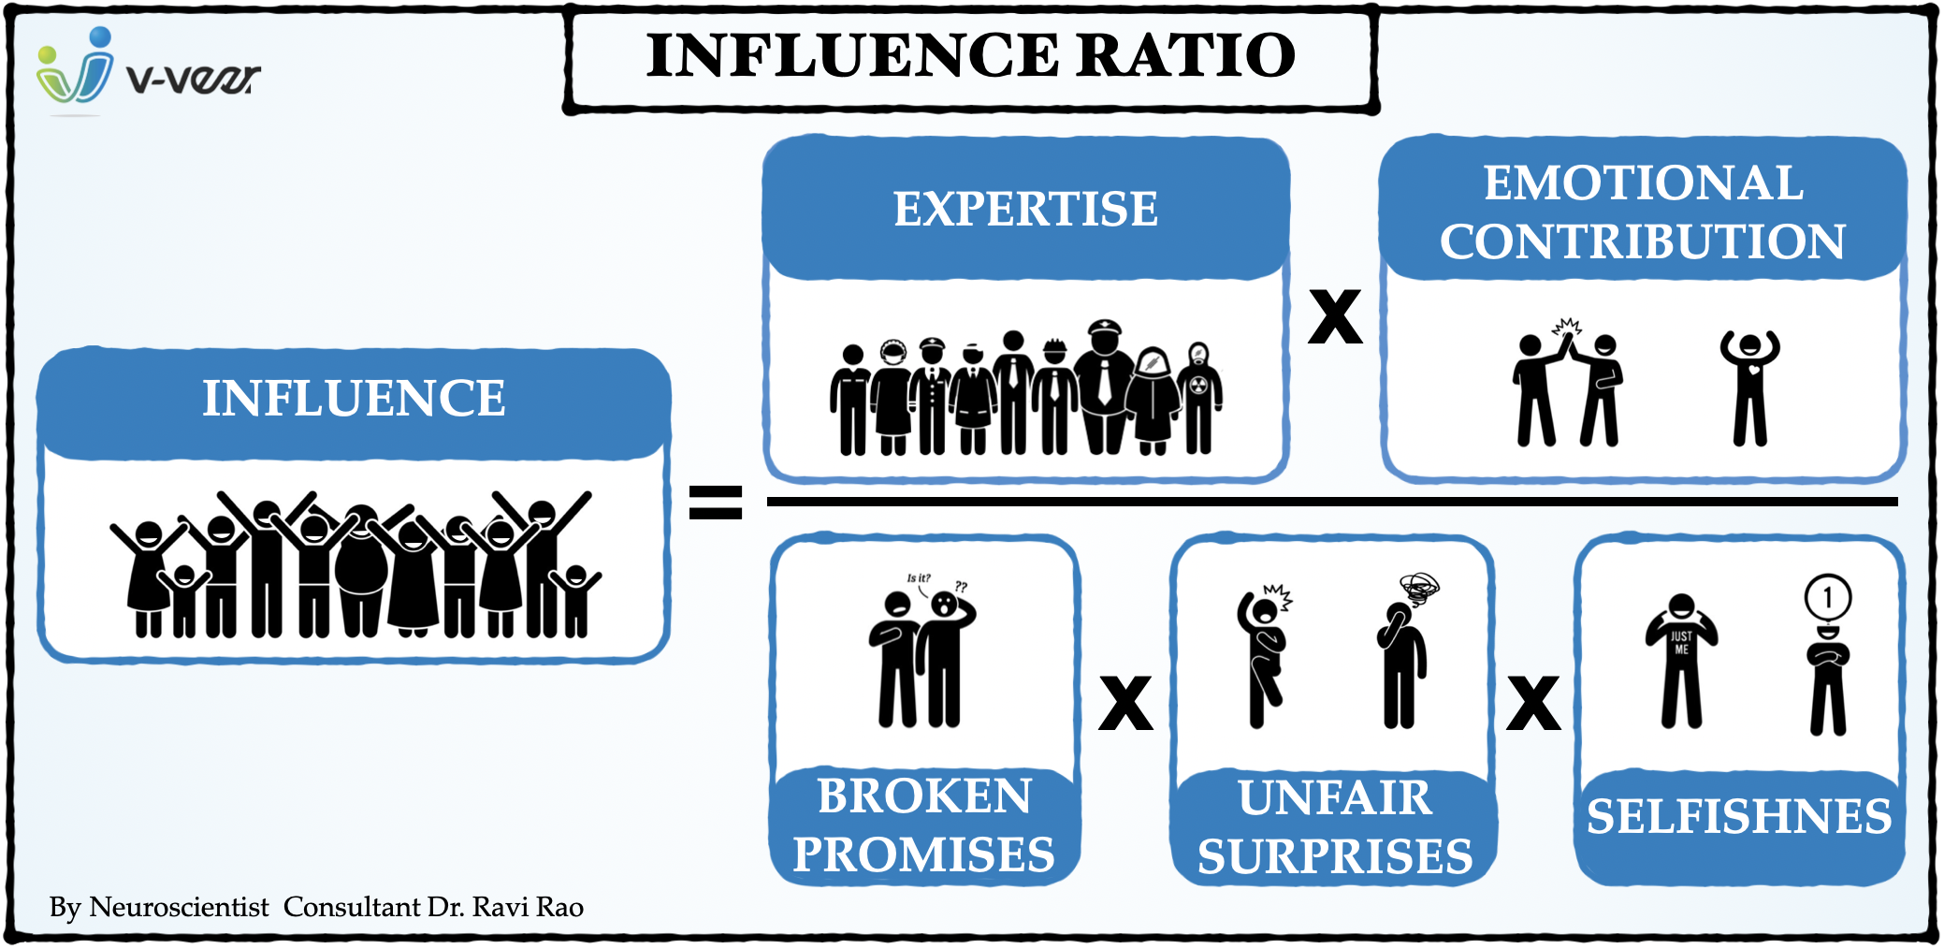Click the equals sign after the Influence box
(716, 502)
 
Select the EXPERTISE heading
(1025, 209)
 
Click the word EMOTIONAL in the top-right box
(1643, 182)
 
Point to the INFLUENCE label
(354, 399)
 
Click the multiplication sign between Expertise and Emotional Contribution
(1335, 316)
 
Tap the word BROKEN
(924, 796)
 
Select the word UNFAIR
(1335, 798)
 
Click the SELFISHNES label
(1739, 816)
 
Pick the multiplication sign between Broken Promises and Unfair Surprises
(1125, 703)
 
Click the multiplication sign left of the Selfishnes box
(1533, 703)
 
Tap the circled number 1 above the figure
(1827, 597)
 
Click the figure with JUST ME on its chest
(1681, 660)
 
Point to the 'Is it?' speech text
(919, 578)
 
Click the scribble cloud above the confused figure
(1419, 588)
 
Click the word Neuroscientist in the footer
(179, 907)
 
